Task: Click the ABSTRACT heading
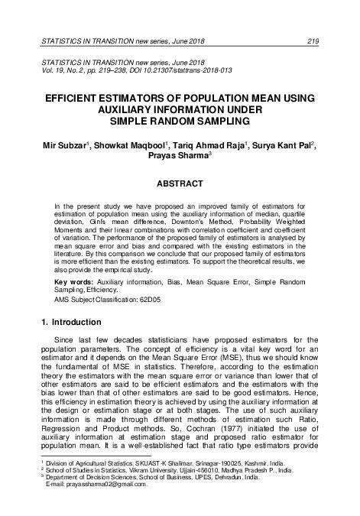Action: click(x=180, y=183)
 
